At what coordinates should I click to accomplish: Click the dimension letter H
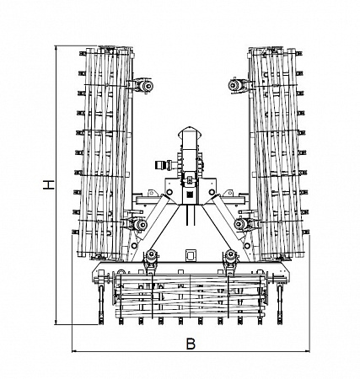[49, 184]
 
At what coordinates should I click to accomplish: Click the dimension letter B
[191, 344]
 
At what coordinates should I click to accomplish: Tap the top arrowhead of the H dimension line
[56, 48]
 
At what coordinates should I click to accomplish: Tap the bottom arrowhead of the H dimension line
[56, 322]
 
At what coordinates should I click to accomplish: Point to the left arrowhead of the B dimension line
[75, 351]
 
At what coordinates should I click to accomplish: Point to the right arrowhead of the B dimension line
[307, 351]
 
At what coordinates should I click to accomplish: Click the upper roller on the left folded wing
[146, 86]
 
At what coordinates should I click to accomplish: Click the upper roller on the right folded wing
[234, 85]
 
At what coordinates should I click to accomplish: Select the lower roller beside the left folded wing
[140, 225]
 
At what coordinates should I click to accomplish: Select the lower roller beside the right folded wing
[240, 224]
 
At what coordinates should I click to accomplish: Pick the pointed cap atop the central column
[191, 132]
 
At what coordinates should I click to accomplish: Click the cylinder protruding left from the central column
[164, 165]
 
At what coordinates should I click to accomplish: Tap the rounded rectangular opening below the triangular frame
[191, 255]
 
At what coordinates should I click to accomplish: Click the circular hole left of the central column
[169, 192]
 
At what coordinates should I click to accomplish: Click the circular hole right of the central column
[212, 192]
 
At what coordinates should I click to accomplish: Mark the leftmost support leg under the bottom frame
[101, 305]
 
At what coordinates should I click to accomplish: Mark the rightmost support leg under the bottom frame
[280, 305]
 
